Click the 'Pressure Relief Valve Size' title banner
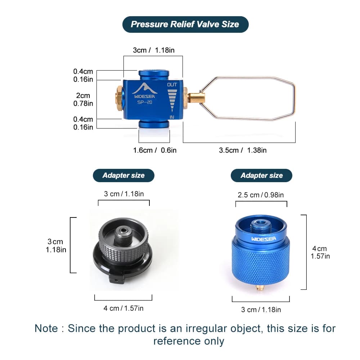coord(185,24)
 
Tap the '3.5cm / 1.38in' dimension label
coord(243,150)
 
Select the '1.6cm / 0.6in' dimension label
coord(155,150)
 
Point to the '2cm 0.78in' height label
coord(83,99)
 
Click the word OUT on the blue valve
coord(172,85)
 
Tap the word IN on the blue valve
coord(172,117)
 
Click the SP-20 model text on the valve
coord(145,102)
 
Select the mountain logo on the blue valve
coord(144,89)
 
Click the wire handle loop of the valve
coord(294,99)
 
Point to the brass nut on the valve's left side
coord(120,98)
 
